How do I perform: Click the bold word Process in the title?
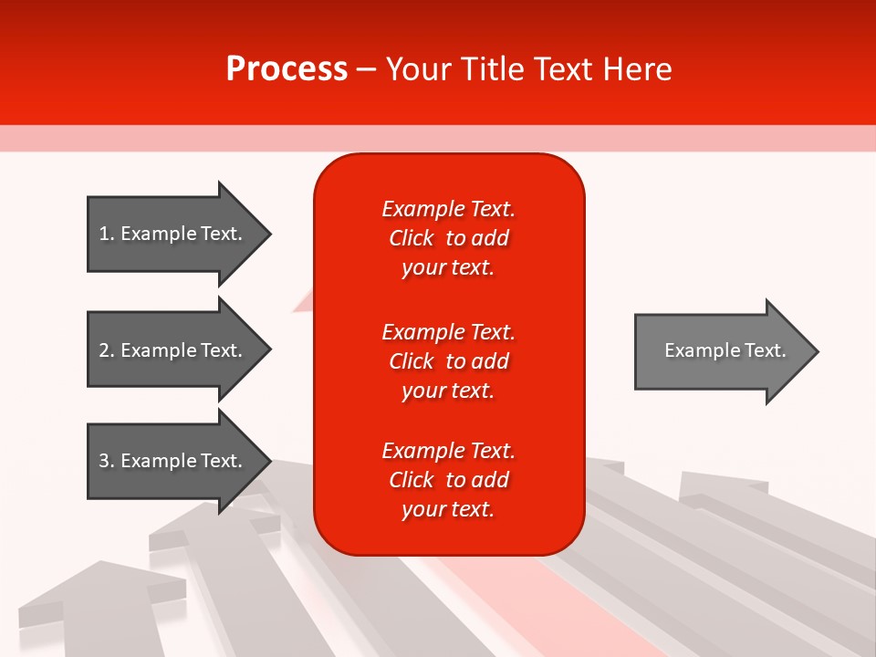[x=287, y=69]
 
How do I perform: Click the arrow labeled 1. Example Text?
[x=173, y=234]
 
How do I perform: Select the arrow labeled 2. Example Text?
[x=173, y=350]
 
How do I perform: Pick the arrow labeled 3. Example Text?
[x=173, y=461]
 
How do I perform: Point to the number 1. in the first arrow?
[x=107, y=234]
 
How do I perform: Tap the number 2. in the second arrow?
[x=107, y=350]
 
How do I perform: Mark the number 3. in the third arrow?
[x=107, y=461]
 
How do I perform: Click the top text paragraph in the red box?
[x=448, y=238]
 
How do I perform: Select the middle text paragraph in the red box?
[x=448, y=361]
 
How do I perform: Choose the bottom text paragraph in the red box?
[x=448, y=480]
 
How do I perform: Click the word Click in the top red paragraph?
[x=411, y=238]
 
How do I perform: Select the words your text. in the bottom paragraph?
[x=448, y=509]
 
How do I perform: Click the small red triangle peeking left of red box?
[x=304, y=302]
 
